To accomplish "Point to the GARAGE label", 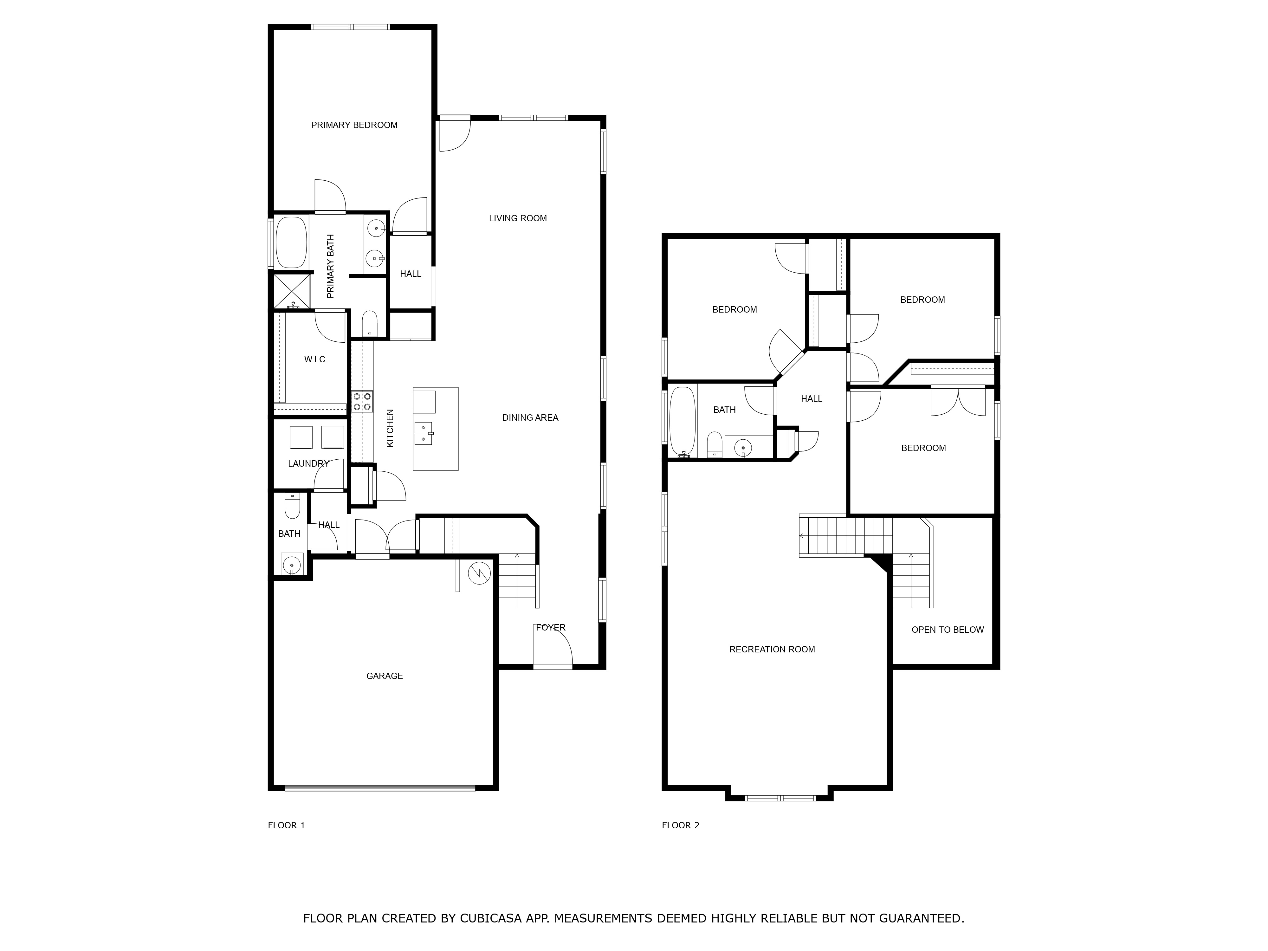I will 384,676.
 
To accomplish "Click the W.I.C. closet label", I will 315,359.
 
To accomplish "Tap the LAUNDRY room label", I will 308,463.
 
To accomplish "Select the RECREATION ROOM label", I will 772,649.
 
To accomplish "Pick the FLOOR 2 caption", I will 680,825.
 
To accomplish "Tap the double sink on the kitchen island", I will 423,433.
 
